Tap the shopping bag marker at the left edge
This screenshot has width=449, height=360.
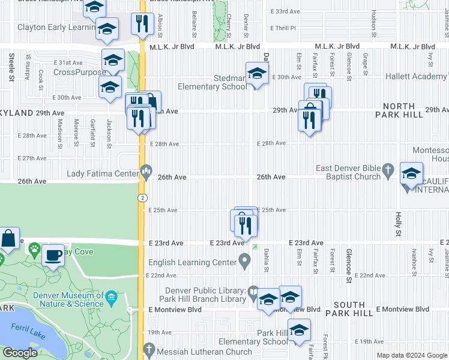pos(8,239)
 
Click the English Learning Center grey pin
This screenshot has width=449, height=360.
pos(244,261)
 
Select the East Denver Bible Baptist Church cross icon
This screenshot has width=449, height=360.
pos(388,169)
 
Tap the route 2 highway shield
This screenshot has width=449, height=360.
pos(142,197)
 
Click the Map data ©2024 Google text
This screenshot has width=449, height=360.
pos(411,355)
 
